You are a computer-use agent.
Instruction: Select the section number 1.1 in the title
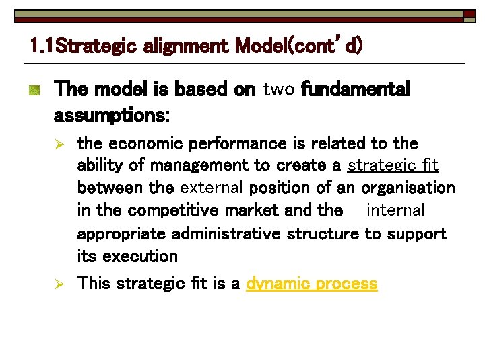click(x=42, y=46)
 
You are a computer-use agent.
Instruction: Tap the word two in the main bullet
click(x=279, y=89)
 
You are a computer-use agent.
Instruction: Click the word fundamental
click(x=356, y=89)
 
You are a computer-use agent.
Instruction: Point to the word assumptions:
click(x=112, y=116)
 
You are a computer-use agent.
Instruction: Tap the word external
click(x=212, y=188)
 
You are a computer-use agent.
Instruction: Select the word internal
click(x=395, y=210)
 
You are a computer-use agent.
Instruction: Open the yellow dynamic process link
click(x=312, y=284)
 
